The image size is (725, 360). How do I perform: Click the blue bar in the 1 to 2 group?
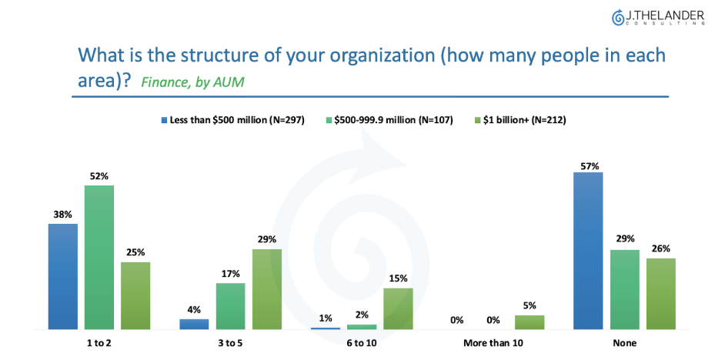coord(63,276)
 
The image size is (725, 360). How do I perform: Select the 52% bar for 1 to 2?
coord(99,257)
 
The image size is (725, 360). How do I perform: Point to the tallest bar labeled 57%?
coord(588,251)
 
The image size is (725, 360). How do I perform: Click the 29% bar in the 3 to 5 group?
coord(267,289)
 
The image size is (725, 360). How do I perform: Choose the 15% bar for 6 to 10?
coord(398,308)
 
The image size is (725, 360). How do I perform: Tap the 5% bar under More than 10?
coord(530,322)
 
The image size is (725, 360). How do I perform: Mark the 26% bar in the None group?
coord(660,293)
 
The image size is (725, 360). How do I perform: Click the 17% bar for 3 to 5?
coord(230,306)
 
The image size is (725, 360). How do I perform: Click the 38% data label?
coord(62,215)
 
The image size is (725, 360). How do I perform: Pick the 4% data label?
coord(194,310)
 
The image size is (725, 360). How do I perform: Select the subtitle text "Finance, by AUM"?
coord(192,82)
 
